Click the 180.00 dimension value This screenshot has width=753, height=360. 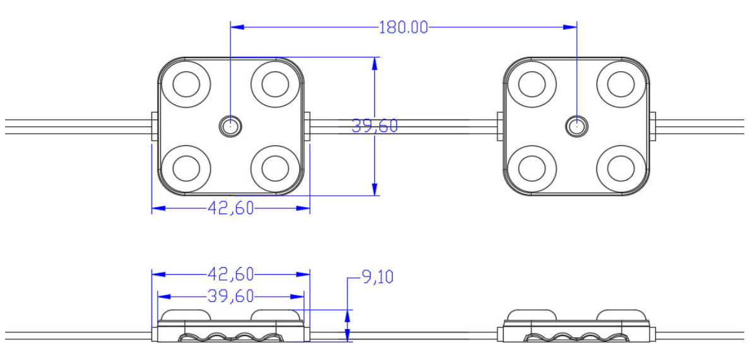(403, 27)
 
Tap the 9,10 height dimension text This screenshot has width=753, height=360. (377, 277)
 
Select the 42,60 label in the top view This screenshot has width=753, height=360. (230, 208)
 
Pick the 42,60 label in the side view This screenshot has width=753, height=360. (230, 274)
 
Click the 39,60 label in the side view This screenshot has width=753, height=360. (230, 296)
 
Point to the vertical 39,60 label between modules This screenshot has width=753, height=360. (374, 126)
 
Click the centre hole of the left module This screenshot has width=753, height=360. (230, 126)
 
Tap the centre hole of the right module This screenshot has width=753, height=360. (576, 126)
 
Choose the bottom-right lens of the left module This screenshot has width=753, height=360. (275, 168)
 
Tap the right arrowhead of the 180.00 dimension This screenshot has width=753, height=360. (571, 27)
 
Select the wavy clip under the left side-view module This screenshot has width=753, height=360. (230, 337)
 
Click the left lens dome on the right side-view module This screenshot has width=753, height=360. (531, 315)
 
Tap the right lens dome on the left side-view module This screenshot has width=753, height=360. (275, 315)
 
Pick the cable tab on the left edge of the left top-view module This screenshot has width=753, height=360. (154, 126)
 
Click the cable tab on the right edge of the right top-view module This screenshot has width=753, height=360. (653, 126)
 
